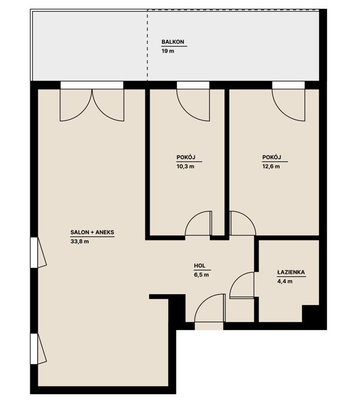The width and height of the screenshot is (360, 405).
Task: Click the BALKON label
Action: click(x=173, y=42)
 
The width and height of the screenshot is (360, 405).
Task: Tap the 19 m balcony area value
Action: click(x=167, y=51)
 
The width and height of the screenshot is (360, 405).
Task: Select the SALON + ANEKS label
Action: click(x=92, y=232)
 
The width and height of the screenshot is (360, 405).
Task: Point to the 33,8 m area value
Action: click(x=80, y=241)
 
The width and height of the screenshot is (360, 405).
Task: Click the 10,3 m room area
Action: click(x=185, y=166)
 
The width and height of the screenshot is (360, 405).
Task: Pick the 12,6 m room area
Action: click(x=271, y=166)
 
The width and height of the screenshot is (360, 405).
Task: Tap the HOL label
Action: click(x=200, y=266)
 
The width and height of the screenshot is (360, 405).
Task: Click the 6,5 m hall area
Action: click(x=201, y=275)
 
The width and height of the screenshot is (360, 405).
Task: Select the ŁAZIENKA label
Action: click(x=291, y=272)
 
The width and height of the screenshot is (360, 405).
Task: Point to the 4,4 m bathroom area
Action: click(x=285, y=281)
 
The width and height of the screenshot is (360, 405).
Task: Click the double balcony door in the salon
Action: click(x=92, y=105)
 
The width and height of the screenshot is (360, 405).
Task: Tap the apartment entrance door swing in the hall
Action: click(x=210, y=308)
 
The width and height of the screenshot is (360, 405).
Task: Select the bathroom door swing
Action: click(x=242, y=285)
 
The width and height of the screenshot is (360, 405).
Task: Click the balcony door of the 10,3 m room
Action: click(x=193, y=105)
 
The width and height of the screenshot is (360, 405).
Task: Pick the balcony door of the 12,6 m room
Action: click(x=288, y=105)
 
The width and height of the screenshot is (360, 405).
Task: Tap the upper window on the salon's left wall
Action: click(x=38, y=253)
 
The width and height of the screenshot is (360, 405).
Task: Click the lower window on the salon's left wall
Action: click(x=38, y=348)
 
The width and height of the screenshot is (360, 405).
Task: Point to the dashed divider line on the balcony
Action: click(x=148, y=45)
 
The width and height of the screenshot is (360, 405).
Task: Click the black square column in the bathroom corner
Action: click(x=310, y=313)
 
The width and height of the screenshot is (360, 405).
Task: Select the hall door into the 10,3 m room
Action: click(x=198, y=223)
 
